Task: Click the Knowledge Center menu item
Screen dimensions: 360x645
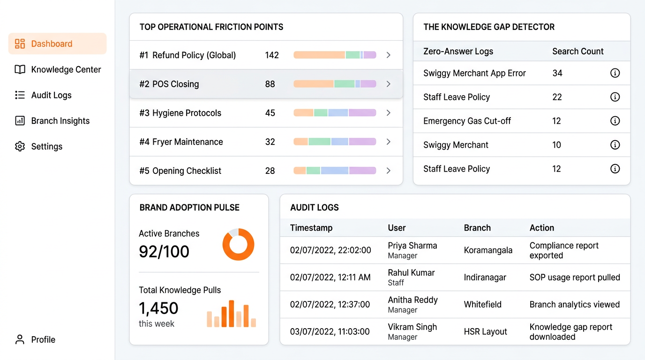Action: tap(66, 69)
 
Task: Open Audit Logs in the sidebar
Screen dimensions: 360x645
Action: tap(51, 95)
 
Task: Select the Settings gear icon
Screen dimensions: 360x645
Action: tap(20, 146)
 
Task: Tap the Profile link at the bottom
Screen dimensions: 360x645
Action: tap(43, 339)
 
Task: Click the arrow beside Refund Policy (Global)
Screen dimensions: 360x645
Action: tap(388, 55)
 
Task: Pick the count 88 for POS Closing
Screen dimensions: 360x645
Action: tap(270, 84)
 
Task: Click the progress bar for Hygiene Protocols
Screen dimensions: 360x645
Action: tap(335, 113)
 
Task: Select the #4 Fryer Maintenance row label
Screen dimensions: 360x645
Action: tap(181, 142)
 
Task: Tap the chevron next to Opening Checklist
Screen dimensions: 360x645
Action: tap(388, 171)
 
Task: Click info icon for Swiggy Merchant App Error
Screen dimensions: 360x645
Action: tap(615, 73)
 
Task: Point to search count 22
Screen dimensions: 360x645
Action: tap(557, 97)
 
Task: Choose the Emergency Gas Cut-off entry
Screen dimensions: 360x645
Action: tap(467, 121)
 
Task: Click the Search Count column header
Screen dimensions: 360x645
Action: tap(577, 51)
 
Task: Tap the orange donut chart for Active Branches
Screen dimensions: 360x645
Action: tap(238, 245)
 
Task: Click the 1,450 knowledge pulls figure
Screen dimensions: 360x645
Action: tap(158, 308)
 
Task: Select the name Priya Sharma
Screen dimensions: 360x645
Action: tap(412, 246)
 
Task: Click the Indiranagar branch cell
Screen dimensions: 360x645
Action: tap(485, 277)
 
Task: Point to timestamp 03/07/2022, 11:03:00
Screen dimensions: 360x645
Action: tap(330, 331)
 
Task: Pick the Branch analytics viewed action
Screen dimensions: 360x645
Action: tap(574, 304)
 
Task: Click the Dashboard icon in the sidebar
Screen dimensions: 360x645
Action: tap(20, 44)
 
